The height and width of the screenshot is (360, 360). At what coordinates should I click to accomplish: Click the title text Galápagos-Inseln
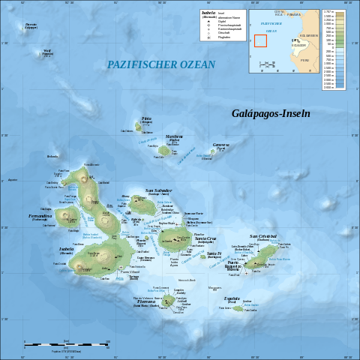click(x=270, y=113)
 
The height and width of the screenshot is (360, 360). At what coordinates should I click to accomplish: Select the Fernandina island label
click(x=40, y=217)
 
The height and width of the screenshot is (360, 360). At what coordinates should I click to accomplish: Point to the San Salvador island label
click(x=158, y=190)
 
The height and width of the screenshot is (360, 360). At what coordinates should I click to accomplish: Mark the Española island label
click(x=232, y=298)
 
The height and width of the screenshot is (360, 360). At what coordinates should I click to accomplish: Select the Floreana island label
click(x=146, y=302)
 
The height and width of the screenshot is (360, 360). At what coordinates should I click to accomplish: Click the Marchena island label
click(x=174, y=136)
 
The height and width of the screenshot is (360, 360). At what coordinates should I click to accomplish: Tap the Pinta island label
click(x=146, y=118)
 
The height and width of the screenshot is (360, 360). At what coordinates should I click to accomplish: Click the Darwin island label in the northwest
click(x=31, y=25)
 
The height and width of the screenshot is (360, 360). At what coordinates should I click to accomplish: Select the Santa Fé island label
click(x=214, y=253)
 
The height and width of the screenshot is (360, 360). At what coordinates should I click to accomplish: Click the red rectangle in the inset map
click(x=260, y=40)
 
